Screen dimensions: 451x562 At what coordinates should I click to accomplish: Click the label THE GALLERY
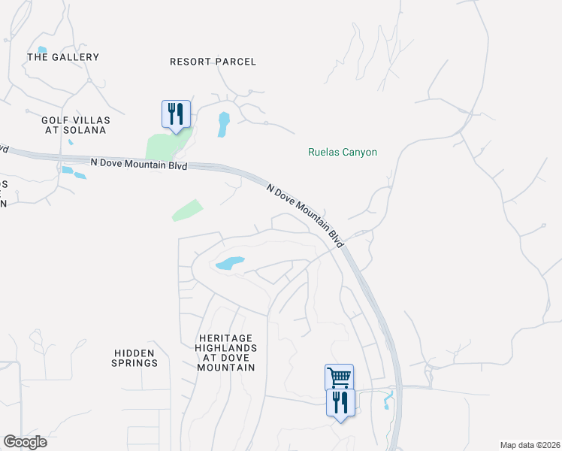coord(63,57)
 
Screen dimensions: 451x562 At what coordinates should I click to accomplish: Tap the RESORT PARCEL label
coord(213,62)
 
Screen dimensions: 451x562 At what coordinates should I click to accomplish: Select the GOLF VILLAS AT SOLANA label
coord(75,125)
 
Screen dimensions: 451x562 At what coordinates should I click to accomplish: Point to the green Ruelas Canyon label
coord(343,152)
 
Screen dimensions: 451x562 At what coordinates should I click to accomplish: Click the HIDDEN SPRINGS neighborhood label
coord(136,358)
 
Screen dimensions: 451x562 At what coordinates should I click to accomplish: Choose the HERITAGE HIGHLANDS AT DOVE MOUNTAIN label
coord(225,353)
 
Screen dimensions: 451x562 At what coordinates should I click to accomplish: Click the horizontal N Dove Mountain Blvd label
coord(138,163)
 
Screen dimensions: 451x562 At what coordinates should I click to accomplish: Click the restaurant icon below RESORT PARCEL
coord(176,114)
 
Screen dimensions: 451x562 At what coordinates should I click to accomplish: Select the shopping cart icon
coord(339,377)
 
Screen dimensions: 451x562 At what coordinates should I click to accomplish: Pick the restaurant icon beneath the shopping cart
coord(340,402)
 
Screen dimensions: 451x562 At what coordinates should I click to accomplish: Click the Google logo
coord(25,442)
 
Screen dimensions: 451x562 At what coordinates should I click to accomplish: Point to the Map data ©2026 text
coord(529,445)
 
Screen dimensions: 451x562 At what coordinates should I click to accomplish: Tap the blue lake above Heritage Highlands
coord(229,263)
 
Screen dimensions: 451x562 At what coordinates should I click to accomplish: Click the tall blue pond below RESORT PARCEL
coord(223,124)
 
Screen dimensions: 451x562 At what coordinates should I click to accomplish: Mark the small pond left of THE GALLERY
coord(42,50)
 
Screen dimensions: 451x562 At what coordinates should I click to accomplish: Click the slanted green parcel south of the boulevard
coord(187,210)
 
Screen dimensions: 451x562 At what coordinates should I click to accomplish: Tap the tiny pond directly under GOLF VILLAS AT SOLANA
coord(71,141)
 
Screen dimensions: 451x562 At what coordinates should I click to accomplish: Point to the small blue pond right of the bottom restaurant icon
coord(388,400)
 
